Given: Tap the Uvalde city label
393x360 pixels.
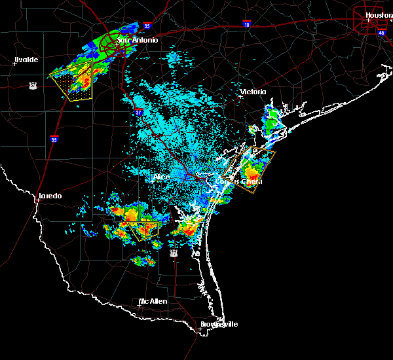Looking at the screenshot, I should (26, 60).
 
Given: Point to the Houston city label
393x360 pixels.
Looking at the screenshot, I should (379, 14).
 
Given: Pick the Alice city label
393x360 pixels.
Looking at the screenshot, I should (161, 177).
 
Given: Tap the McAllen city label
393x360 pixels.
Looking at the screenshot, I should (153, 301).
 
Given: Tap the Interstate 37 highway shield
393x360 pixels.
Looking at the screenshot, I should (139, 113).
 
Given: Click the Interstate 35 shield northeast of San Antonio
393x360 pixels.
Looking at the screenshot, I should (147, 26).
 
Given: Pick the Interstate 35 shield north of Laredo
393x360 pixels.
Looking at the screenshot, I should (54, 139).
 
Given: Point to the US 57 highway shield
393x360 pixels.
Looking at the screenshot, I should (32, 85).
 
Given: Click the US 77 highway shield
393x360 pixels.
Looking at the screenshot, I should (174, 253).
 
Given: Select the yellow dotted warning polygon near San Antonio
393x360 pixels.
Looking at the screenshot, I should (72, 82).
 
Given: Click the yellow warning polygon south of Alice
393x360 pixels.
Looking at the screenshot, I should (143, 230).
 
